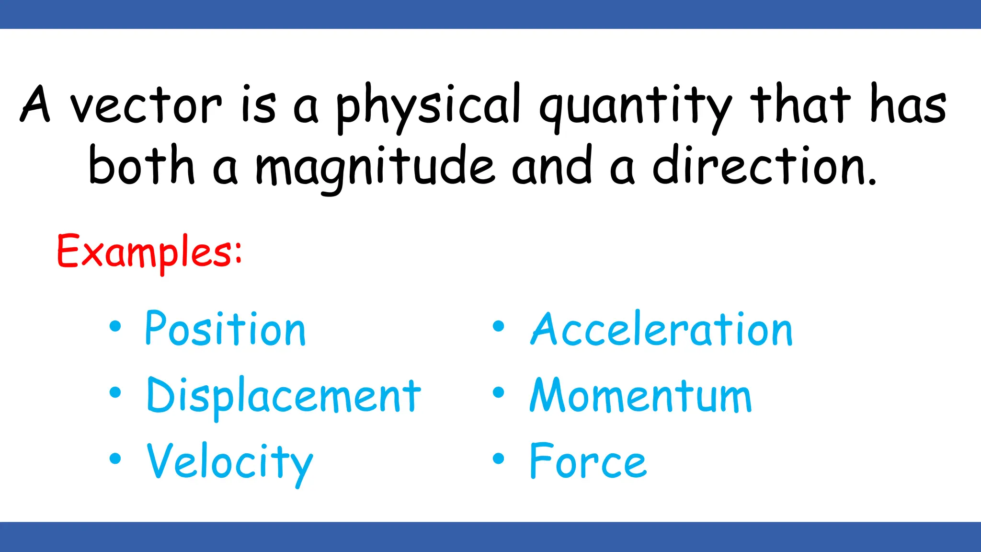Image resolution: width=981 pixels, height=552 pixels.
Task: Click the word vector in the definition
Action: click(146, 106)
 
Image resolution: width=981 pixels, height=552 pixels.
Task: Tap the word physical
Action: click(428, 106)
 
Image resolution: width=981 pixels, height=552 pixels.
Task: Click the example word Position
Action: click(225, 329)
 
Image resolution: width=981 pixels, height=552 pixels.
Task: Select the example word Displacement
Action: click(284, 396)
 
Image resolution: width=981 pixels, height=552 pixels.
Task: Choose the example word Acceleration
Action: click(662, 329)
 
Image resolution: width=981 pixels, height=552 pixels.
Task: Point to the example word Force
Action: click(588, 461)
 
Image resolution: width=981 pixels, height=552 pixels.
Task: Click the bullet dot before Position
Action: click(115, 326)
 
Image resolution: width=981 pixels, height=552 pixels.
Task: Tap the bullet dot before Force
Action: click(499, 459)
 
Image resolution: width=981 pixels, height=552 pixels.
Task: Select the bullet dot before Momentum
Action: click(499, 392)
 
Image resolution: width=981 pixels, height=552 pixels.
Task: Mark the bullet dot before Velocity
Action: click(115, 459)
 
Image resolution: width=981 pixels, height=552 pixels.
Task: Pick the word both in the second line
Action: click(142, 165)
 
